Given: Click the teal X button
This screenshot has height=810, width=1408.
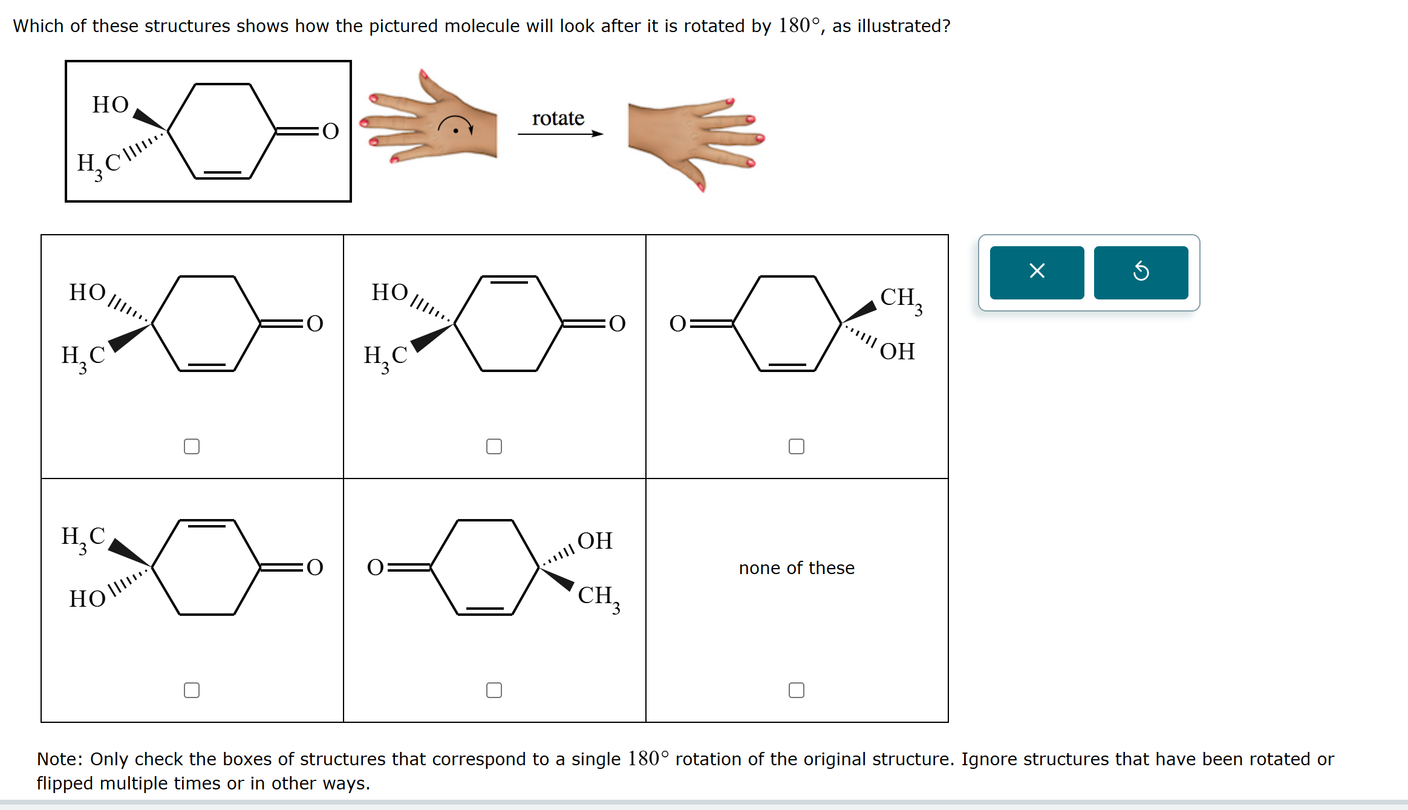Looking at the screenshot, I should pyautogui.click(x=1037, y=272).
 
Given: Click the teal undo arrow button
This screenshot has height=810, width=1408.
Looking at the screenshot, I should pyautogui.click(x=1141, y=272).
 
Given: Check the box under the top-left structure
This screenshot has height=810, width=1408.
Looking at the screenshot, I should pyautogui.click(x=192, y=446).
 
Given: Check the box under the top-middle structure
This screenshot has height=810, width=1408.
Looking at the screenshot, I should pyautogui.click(x=494, y=446).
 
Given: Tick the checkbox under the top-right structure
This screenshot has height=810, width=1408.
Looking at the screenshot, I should pyautogui.click(x=797, y=446).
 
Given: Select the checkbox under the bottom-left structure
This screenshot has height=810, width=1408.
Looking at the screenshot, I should pyautogui.click(x=192, y=690).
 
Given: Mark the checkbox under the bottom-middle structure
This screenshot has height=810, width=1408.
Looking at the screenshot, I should pyautogui.click(x=494, y=690).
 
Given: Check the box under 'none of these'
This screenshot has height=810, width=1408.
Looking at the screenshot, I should pyautogui.click(x=797, y=690).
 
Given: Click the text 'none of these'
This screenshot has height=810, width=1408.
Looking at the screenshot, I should pyautogui.click(x=797, y=568).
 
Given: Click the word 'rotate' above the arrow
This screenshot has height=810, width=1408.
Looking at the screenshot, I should pyautogui.click(x=558, y=118).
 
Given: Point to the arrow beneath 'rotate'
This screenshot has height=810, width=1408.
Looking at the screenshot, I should pyautogui.click(x=560, y=134).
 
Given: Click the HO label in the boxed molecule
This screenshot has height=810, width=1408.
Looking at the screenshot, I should pyautogui.click(x=110, y=105).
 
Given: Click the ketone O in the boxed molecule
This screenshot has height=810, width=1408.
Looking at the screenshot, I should pyautogui.click(x=330, y=131).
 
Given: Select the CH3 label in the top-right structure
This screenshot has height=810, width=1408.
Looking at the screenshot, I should pyautogui.click(x=900, y=298).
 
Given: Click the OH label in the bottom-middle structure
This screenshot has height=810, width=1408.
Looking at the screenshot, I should pyautogui.click(x=595, y=541).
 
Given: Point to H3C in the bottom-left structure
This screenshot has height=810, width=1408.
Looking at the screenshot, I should pyautogui.click(x=83, y=538).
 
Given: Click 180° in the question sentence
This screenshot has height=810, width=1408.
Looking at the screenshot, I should pyautogui.click(x=798, y=25).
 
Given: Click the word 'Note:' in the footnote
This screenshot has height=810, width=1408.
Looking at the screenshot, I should pyautogui.click(x=59, y=759).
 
